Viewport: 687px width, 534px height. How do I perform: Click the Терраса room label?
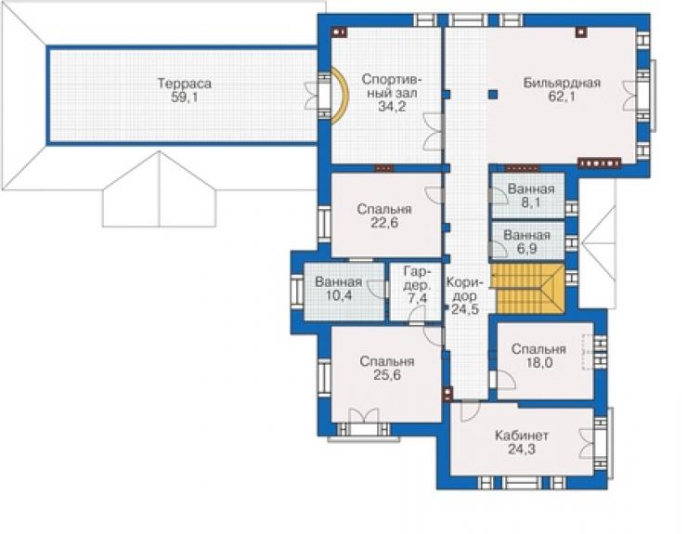pos(185,84)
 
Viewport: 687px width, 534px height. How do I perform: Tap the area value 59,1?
pos(185,98)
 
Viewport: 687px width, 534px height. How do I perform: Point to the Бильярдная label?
pos(562,83)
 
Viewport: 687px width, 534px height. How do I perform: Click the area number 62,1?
pos(562,97)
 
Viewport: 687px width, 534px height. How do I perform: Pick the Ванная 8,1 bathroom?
pos(528,196)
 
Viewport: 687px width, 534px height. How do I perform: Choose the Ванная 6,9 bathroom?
pos(527,241)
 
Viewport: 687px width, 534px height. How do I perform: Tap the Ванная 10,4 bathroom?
pos(344,292)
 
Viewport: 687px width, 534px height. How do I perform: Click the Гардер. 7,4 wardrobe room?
pos(415,292)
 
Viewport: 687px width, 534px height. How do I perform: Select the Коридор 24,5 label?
pos(465,295)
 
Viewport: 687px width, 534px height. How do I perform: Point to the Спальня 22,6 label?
pos(384,215)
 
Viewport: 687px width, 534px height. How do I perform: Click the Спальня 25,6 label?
pos(387,368)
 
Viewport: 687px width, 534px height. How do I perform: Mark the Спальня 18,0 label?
pos(538,356)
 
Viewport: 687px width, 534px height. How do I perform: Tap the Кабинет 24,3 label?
pos(522,442)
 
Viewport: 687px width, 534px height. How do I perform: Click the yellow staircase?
pos(527,289)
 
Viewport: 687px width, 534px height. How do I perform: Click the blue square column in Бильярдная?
pos(493,95)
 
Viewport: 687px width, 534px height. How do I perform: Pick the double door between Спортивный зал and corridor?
pos(433,132)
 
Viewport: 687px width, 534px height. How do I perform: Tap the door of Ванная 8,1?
pos(498,195)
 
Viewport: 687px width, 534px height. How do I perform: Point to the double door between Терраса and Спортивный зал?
pos(314,95)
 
